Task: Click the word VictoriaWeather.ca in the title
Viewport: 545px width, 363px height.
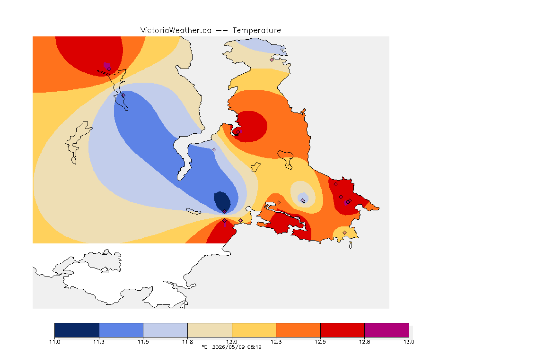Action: pos(176,31)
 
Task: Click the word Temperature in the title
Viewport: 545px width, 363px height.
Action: pos(256,31)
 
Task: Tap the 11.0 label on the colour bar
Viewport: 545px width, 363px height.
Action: pos(54,342)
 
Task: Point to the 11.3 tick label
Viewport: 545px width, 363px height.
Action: pos(99,342)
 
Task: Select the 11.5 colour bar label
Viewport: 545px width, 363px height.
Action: pos(143,342)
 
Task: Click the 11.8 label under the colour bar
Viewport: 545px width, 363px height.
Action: pos(187,342)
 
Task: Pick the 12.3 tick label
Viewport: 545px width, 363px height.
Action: pos(276,342)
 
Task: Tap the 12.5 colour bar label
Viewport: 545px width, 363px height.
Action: pos(320,342)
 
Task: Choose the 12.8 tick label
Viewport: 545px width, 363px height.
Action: pos(364,342)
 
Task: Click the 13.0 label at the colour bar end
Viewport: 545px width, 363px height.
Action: pos(409,342)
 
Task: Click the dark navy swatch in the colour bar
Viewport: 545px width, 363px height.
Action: pos(77,330)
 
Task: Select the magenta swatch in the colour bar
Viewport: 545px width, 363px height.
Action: pos(387,330)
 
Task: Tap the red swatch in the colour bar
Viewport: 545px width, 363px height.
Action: pos(343,330)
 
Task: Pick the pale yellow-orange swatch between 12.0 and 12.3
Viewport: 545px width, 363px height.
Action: pos(254,330)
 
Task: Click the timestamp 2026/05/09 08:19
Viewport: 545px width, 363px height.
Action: pos(237,347)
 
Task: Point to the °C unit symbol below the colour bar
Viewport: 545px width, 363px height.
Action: pos(204,347)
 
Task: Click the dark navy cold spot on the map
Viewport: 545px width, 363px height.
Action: pos(222,201)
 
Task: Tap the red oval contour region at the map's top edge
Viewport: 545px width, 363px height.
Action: pos(89,54)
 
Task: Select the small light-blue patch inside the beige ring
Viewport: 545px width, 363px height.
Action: pos(302,198)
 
